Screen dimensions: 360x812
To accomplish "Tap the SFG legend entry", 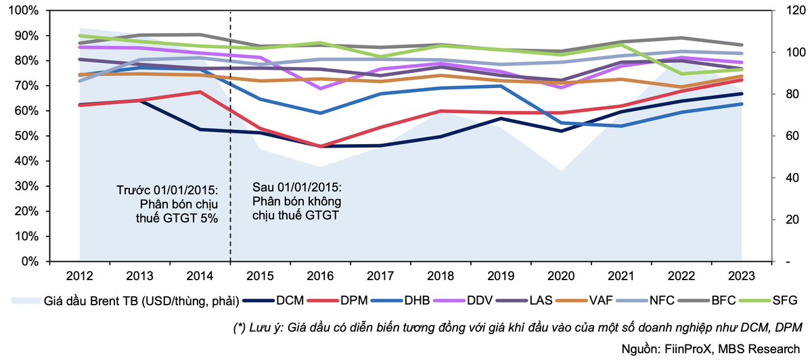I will click(768, 300).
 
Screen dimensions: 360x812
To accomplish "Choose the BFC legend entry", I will click(701, 300).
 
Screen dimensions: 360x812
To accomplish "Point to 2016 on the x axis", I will click(321, 277).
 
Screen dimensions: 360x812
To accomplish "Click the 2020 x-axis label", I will click(562, 277).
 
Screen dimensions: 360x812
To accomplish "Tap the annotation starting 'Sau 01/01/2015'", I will click(297, 201).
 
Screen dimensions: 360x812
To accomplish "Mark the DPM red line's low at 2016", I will click(321, 146).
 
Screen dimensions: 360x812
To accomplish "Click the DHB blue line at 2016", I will click(321, 113).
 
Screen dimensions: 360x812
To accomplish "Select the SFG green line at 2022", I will click(682, 74).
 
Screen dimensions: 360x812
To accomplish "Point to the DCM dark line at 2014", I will click(200, 129).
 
